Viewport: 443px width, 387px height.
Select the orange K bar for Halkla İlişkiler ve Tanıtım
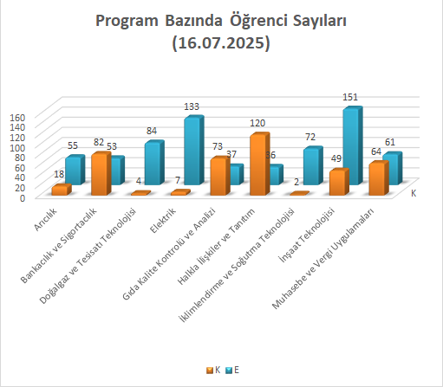(x=259, y=164)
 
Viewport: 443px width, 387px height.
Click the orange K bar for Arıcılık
(x=62, y=190)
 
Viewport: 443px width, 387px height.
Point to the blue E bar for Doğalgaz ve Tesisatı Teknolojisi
(x=154, y=163)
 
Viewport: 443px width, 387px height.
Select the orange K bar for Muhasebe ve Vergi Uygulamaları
(x=379, y=178)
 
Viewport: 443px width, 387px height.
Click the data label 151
(x=350, y=97)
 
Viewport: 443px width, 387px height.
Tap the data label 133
(x=192, y=106)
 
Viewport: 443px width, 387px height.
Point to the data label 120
(x=257, y=123)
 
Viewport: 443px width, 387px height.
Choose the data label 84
(x=152, y=131)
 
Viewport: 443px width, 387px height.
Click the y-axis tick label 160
(x=17, y=118)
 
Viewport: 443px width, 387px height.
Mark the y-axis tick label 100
(x=17, y=148)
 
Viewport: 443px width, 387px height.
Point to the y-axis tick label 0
(x=23, y=198)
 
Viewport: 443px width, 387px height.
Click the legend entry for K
(x=213, y=370)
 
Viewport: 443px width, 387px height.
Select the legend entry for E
(x=233, y=370)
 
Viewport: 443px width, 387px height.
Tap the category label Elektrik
(x=163, y=220)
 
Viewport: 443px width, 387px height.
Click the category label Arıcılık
(x=46, y=219)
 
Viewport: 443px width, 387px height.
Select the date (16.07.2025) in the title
(x=221, y=42)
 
